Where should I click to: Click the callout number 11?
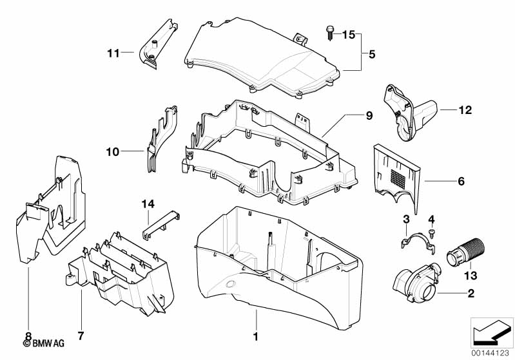113,53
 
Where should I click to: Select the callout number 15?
349,34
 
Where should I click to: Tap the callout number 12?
465,110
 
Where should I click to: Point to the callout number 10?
112,151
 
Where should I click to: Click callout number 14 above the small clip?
148,204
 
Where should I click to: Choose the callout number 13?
471,276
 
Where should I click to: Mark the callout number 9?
369,115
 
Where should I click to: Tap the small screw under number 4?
431,234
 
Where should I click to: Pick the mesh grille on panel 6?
398,178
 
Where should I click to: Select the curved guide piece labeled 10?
162,139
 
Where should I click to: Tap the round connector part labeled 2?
416,282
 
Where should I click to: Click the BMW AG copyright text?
44,343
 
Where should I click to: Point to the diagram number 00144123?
490,354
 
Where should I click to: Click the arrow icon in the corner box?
492,332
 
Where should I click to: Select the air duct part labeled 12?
410,112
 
